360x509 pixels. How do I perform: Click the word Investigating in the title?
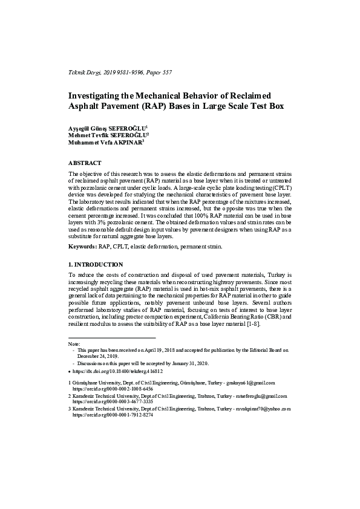98,96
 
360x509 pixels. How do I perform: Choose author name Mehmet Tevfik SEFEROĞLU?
108,135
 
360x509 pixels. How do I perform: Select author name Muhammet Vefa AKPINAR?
105,143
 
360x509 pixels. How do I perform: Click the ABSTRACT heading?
85,163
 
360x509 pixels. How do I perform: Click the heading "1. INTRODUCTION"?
96,265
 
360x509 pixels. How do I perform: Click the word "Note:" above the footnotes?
74,343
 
